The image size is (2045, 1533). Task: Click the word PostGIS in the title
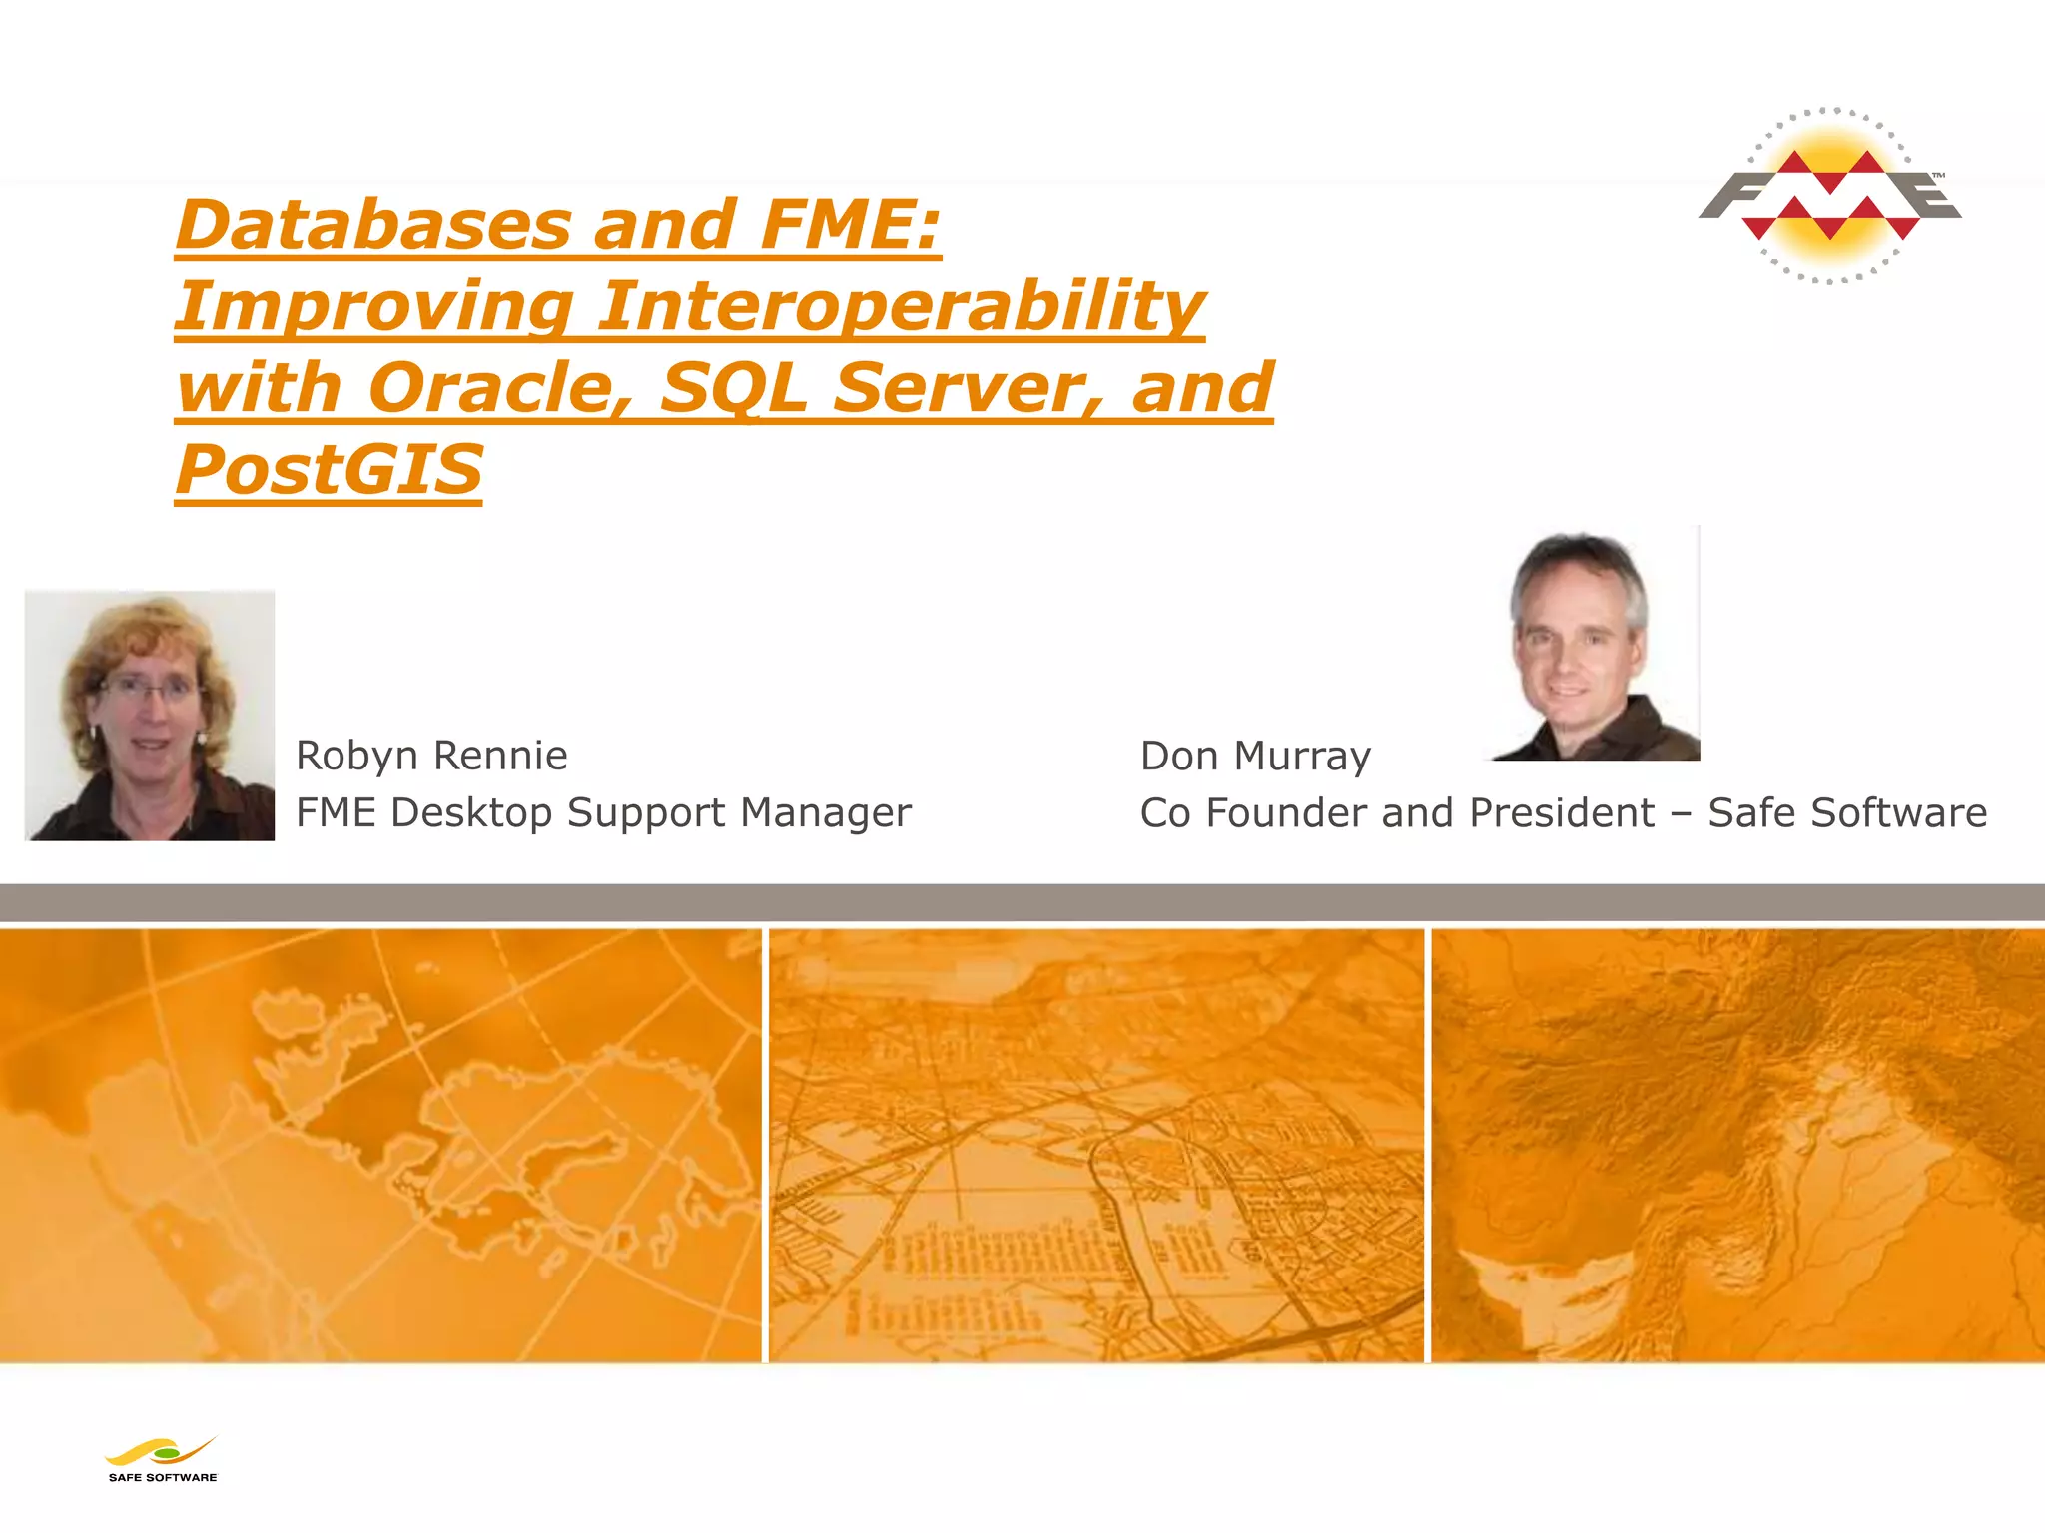point(329,470)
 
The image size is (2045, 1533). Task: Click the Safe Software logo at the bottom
point(162,1460)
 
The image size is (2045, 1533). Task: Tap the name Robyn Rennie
point(431,756)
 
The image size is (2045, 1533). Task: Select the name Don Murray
point(1255,756)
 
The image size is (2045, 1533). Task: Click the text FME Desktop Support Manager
point(603,812)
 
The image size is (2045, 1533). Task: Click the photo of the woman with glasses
point(150,716)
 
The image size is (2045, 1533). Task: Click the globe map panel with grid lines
point(379,1145)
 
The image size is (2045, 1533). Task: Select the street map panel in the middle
point(1095,1145)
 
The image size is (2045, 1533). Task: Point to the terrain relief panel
point(1737,1145)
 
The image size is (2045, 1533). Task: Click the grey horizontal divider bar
point(1022,902)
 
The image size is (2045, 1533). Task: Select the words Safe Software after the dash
point(1847,812)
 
